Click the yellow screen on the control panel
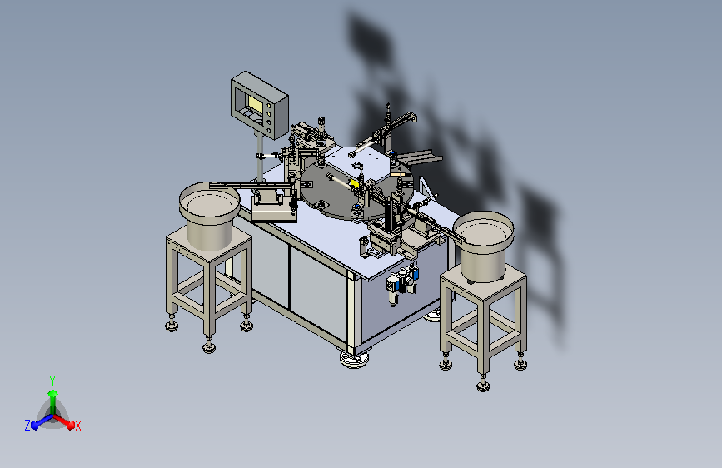(254, 102)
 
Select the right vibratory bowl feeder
(484, 245)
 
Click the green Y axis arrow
(53, 401)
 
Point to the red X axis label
(77, 426)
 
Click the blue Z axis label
(27, 426)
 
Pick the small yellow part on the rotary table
(354, 184)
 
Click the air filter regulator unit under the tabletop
(402, 283)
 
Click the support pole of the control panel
(260, 157)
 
